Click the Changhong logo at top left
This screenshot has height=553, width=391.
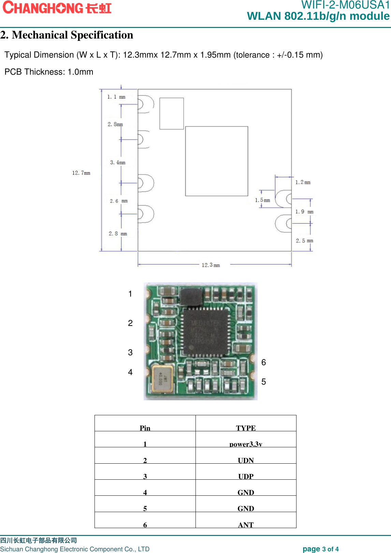pyautogui.click(x=57, y=8)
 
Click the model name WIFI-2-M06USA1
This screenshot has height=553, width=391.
pyautogui.click(x=345, y=5)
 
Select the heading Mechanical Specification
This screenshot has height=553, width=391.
pyautogui.click(x=67, y=35)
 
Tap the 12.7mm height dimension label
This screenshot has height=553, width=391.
pyautogui.click(x=81, y=173)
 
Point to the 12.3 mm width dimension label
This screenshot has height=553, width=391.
pyautogui.click(x=211, y=265)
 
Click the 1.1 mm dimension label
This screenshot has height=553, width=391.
pyautogui.click(x=116, y=97)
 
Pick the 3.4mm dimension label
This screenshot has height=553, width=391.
pyautogui.click(x=118, y=163)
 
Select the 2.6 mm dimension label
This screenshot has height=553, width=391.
pyautogui.click(x=118, y=201)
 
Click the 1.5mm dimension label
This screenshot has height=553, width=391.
pyautogui.click(x=262, y=200)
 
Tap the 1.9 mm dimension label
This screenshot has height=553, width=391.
pyautogui.click(x=304, y=212)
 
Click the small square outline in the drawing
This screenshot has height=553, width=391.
pyautogui.click(x=172, y=114)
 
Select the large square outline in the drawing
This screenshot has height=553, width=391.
pyautogui.click(x=217, y=161)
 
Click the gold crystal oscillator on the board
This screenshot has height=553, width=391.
pyautogui.click(x=162, y=380)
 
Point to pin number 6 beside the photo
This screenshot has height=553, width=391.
pyautogui.click(x=263, y=362)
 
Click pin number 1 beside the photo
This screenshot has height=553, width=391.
pyautogui.click(x=130, y=294)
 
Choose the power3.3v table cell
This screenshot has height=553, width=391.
pyautogui.click(x=246, y=444)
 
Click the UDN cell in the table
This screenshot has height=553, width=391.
pyautogui.click(x=246, y=460)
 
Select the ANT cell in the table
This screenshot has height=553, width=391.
pyautogui.click(x=246, y=525)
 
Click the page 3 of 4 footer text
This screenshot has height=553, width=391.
pyautogui.click(x=320, y=549)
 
